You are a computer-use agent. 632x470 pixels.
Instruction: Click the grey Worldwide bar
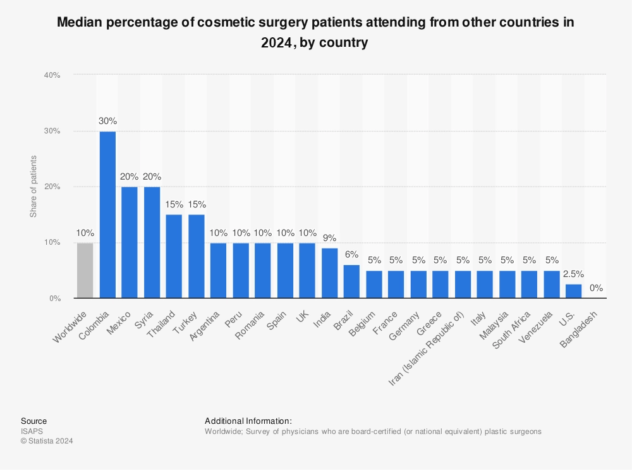coord(85,270)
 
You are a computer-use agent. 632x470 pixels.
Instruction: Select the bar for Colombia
coord(107,214)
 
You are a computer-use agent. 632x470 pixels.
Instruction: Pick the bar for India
coord(329,273)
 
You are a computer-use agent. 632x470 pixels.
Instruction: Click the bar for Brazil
coord(351,281)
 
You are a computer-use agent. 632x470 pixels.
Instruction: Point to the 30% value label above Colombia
coord(107,121)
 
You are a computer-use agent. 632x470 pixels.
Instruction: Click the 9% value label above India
coord(329,238)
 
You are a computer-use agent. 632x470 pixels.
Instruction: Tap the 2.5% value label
coord(573,274)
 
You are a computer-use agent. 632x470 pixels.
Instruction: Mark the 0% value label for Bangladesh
coord(595,288)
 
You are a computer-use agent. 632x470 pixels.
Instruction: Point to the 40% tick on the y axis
coord(52,75)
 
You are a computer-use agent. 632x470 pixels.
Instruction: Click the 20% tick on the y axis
coord(52,187)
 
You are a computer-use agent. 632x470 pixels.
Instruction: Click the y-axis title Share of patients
coord(33,187)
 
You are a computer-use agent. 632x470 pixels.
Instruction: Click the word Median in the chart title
coord(80,23)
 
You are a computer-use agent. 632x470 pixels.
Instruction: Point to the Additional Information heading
coord(248,421)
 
